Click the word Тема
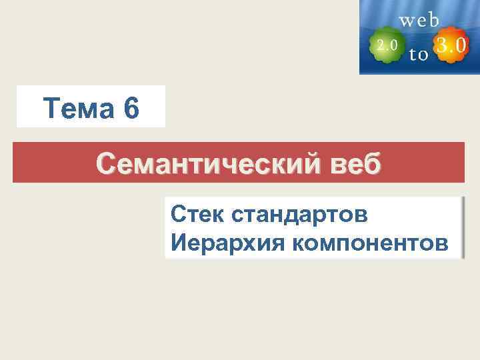[x=76, y=108]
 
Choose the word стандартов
[x=299, y=215]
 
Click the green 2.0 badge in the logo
[x=387, y=45]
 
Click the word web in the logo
[x=419, y=20]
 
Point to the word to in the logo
[x=419, y=55]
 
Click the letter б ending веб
[x=373, y=161]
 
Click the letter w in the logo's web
[x=407, y=20]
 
